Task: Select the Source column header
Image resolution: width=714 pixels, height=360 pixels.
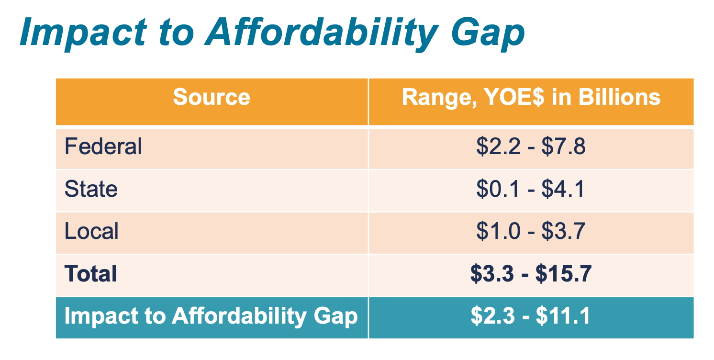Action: tap(212, 97)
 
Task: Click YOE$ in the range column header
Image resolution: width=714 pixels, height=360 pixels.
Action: tap(517, 97)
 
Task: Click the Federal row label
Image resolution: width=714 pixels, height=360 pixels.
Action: tap(103, 146)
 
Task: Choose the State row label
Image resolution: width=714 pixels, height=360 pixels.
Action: tap(91, 189)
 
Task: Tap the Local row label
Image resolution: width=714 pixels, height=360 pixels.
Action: tap(91, 232)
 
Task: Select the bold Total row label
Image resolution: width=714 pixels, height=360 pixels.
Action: tap(91, 274)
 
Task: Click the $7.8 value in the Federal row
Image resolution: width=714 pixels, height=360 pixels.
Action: tap(564, 146)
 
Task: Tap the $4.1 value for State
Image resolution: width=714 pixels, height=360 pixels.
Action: tap(563, 189)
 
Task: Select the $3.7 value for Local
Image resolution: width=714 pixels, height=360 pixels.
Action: tap(564, 232)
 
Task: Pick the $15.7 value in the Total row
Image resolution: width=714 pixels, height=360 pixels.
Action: tap(564, 274)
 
